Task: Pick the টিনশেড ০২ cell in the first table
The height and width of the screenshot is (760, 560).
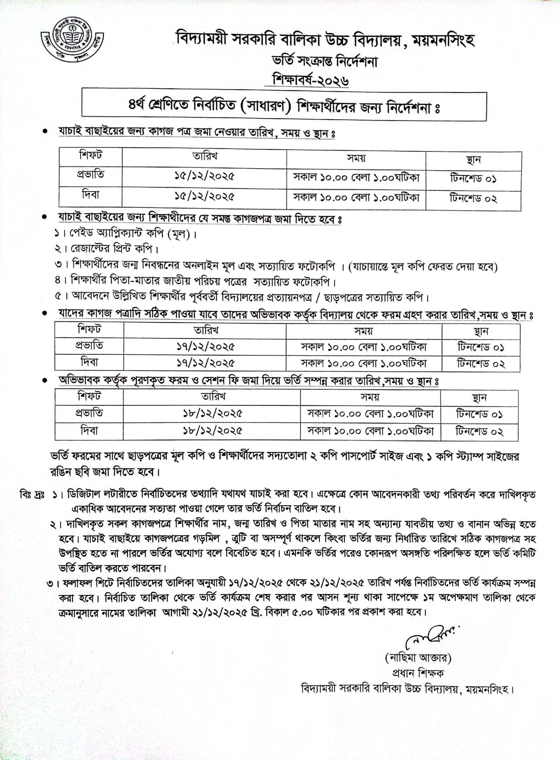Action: [x=473, y=199]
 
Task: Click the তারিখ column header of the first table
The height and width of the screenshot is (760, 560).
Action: [x=204, y=156]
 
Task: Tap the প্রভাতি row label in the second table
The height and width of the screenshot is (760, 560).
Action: [x=90, y=346]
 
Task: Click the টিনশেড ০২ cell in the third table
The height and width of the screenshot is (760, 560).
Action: [x=479, y=431]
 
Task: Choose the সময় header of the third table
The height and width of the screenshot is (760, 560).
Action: [x=370, y=397]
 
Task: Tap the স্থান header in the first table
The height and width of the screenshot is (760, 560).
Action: [x=473, y=159]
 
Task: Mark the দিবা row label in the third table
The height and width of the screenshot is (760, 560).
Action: [x=90, y=431]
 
